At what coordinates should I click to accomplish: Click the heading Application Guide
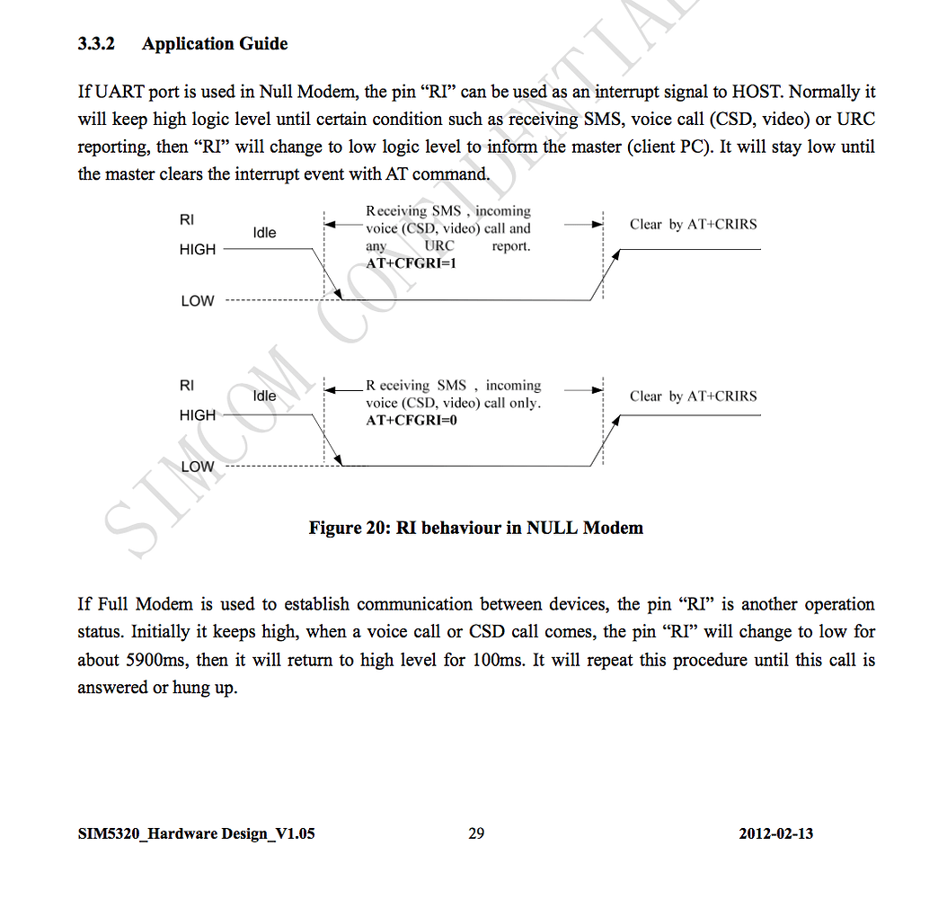[x=215, y=44]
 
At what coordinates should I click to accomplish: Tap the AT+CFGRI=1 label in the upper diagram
[x=412, y=263]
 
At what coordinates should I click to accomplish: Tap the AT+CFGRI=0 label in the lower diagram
[x=412, y=420]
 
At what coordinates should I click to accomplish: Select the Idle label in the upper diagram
[x=264, y=233]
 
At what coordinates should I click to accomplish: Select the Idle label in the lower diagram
[x=264, y=396]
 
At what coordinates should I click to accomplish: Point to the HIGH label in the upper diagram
[x=198, y=250]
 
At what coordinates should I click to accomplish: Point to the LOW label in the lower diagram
[x=198, y=467]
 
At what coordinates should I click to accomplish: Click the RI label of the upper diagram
[x=187, y=219]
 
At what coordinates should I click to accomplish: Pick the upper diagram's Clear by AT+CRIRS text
[x=693, y=225]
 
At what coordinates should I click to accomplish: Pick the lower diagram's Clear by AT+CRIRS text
[x=693, y=396]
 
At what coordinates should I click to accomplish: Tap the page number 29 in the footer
[x=476, y=833]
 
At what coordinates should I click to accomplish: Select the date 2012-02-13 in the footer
[x=776, y=833]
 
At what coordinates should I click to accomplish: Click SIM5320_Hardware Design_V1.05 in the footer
[x=196, y=833]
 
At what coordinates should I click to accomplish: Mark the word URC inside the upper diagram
[x=439, y=245]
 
